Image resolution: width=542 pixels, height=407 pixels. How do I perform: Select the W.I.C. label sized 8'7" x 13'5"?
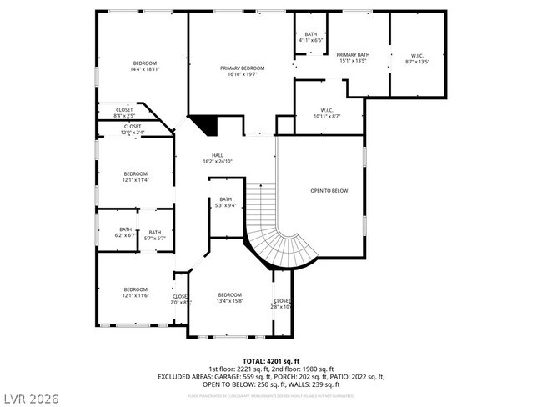tap(417, 58)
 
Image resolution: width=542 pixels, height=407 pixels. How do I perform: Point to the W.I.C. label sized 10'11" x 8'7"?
tap(327, 113)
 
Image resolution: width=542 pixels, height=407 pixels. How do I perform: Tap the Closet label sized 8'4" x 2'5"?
tap(124, 112)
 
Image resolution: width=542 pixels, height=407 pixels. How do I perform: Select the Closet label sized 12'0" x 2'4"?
tap(133, 129)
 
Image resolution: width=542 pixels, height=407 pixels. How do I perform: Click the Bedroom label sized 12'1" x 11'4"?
tap(135, 176)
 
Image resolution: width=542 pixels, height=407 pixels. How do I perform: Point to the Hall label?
tap(217, 158)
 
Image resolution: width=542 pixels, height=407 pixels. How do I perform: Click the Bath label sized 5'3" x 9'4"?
tap(225, 202)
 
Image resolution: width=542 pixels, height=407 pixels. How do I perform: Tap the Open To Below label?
tap(329, 191)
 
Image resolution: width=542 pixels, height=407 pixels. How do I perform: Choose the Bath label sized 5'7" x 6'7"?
tap(155, 235)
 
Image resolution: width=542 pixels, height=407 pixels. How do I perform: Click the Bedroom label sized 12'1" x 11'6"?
tap(135, 293)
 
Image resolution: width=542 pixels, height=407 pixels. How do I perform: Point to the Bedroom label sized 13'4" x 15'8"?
tap(229, 298)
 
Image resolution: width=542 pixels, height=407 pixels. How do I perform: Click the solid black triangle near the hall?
tap(206, 125)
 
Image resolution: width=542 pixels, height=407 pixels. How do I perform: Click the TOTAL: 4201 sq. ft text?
tap(271, 361)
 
